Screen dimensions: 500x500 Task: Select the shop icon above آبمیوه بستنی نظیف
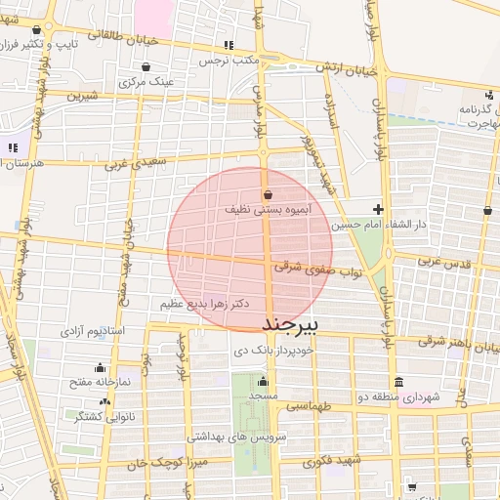(268, 193)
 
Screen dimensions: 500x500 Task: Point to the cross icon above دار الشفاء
(379, 209)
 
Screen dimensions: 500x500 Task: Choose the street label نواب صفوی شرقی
(311, 266)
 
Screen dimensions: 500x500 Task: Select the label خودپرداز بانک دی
(272, 349)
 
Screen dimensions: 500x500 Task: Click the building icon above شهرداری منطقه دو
(398, 381)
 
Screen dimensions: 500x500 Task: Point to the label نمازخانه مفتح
(92, 381)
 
